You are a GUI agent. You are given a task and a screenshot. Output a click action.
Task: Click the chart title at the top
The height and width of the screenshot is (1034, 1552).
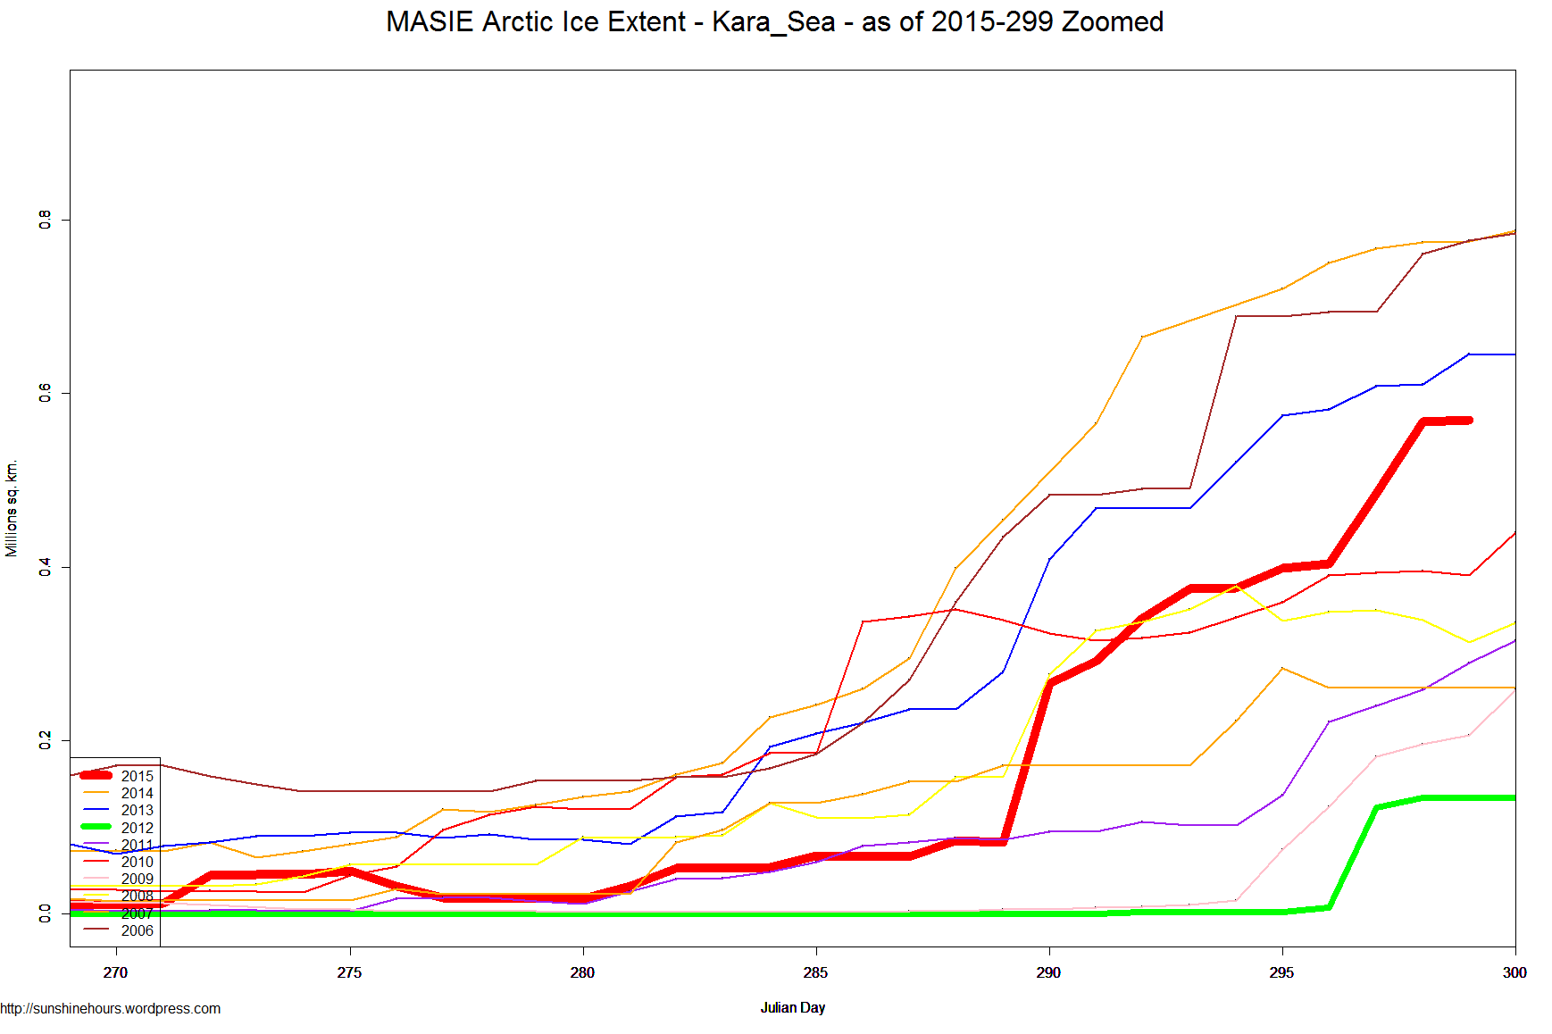pyautogui.click(x=774, y=21)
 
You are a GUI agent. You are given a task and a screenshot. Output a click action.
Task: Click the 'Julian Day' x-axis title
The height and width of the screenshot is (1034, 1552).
pyautogui.click(x=792, y=1007)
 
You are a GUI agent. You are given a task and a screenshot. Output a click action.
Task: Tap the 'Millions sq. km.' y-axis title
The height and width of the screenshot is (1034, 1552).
pyautogui.click(x=12, y=509)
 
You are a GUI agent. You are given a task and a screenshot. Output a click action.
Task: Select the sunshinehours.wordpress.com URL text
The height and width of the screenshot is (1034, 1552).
pyautogui.click(x=111, y=1009)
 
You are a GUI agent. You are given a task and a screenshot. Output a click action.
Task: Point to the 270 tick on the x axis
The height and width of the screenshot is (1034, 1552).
pyautogui.click(x=115, y=972)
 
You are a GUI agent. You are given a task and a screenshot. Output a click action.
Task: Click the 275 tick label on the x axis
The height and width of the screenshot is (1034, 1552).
pyautogui.click(x=349, y=972)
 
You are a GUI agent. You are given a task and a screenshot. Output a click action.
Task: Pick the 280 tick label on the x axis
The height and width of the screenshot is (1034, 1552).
pyautogui.click(x=582, y=972)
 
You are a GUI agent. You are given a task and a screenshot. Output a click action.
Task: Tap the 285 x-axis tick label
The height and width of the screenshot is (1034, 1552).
pyautogui.click(x=815, y=972)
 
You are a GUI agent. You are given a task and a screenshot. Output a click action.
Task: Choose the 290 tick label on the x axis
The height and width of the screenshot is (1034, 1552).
pyautogui.click(x=1048, y=972)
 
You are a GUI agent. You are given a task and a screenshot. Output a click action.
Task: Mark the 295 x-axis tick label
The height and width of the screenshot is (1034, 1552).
pyautogui.click(x=1281, y=972)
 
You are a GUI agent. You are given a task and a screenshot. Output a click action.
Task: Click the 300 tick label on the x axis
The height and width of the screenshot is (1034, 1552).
pyautogui.click(x=1514, y=972)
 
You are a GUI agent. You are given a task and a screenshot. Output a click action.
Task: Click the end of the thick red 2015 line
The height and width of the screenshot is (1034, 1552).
pyautogui.click(x=1468, y=420)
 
